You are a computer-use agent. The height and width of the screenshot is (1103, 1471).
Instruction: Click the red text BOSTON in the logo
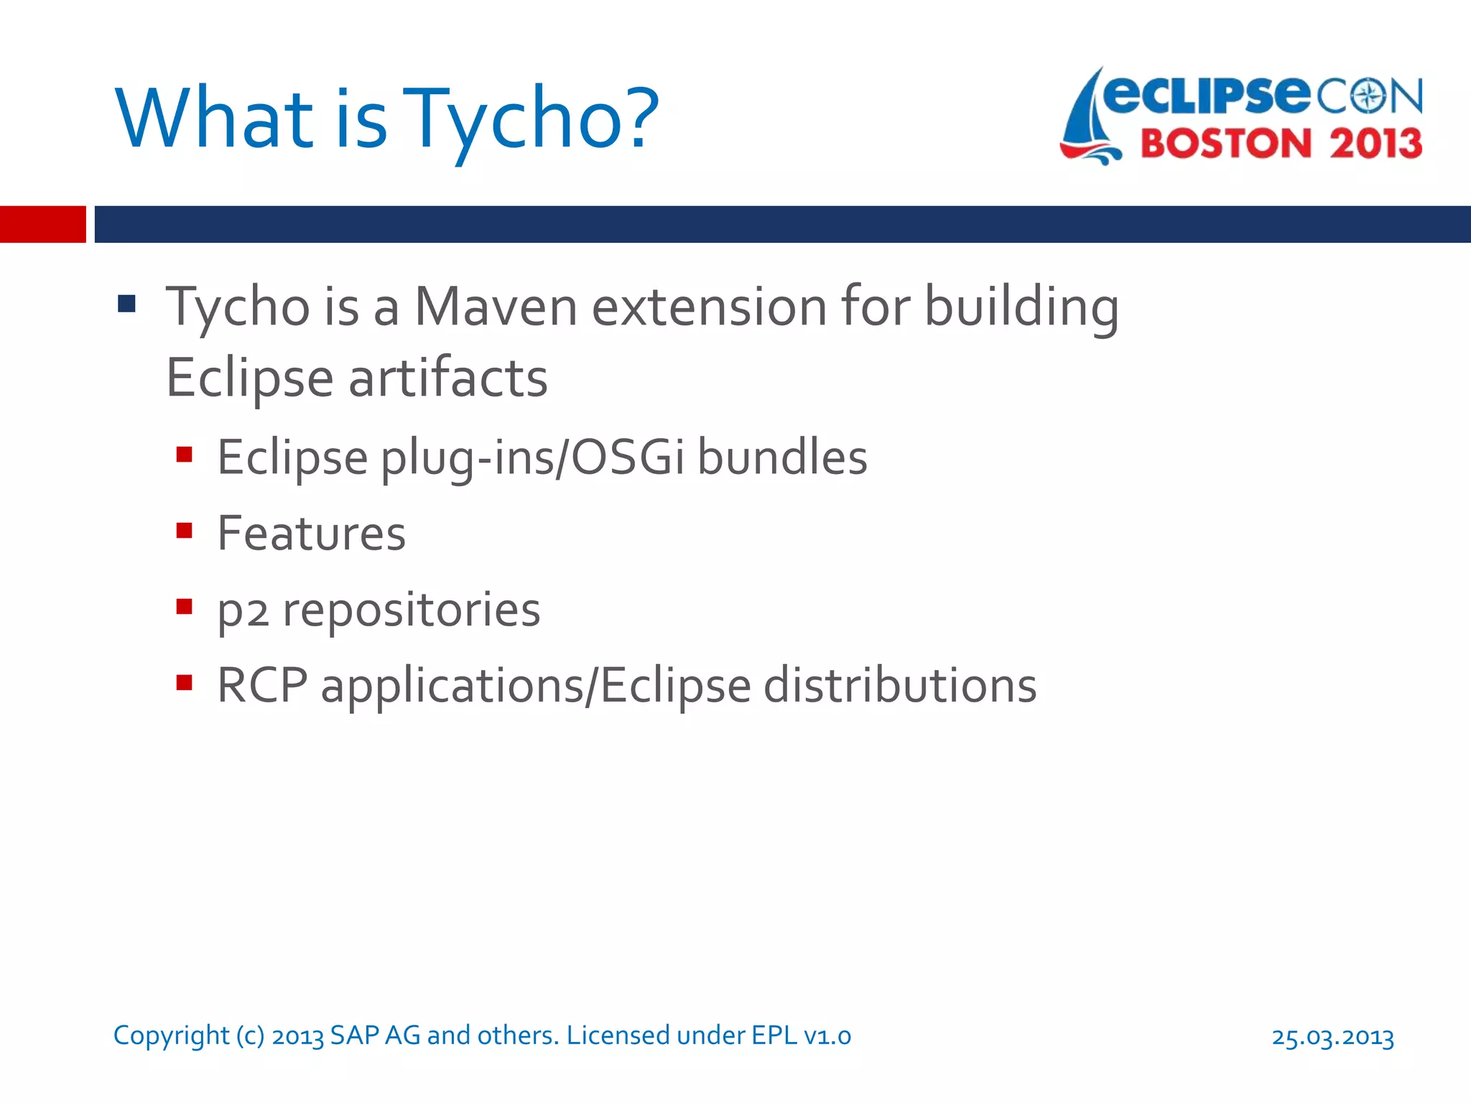pyautogui.click(x=1226, y=144)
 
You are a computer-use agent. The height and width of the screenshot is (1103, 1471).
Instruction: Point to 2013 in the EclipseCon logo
pyautogui.click(x=1375, y=144)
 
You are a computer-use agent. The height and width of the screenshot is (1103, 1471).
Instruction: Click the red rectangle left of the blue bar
pyautogui.click(x=42, y=224)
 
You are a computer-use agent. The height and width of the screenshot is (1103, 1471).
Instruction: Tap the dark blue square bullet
pyautogui.click(x=127, y=304)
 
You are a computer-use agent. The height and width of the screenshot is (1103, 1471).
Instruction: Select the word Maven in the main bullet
pyautogui.click(x=496, y=307)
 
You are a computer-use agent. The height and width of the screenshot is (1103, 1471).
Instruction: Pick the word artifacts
pyautogui.click(x=448, y=378)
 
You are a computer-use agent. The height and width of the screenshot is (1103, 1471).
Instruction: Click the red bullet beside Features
pyautogui.click(x=185, y=531)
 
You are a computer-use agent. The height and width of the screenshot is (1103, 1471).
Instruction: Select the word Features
pyautogui.click(x=311, y=534)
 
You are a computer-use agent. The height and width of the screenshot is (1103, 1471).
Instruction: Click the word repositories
pyautogui.click(x=411, y=610)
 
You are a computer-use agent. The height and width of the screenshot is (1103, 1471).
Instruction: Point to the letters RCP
pyautogui.click(x=261, y=685)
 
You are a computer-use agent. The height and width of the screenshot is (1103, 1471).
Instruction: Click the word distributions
pyautogui.click(x=899, y=685)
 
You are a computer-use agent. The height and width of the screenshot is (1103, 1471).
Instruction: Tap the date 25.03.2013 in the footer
pyautogui.click(x=1332, y=1037)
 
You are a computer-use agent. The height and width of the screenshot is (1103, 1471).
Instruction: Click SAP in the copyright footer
pyautogui.click(x=354, y=1035)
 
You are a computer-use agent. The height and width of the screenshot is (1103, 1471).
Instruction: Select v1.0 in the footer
pyautogui.click(x=827, y=1035)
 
